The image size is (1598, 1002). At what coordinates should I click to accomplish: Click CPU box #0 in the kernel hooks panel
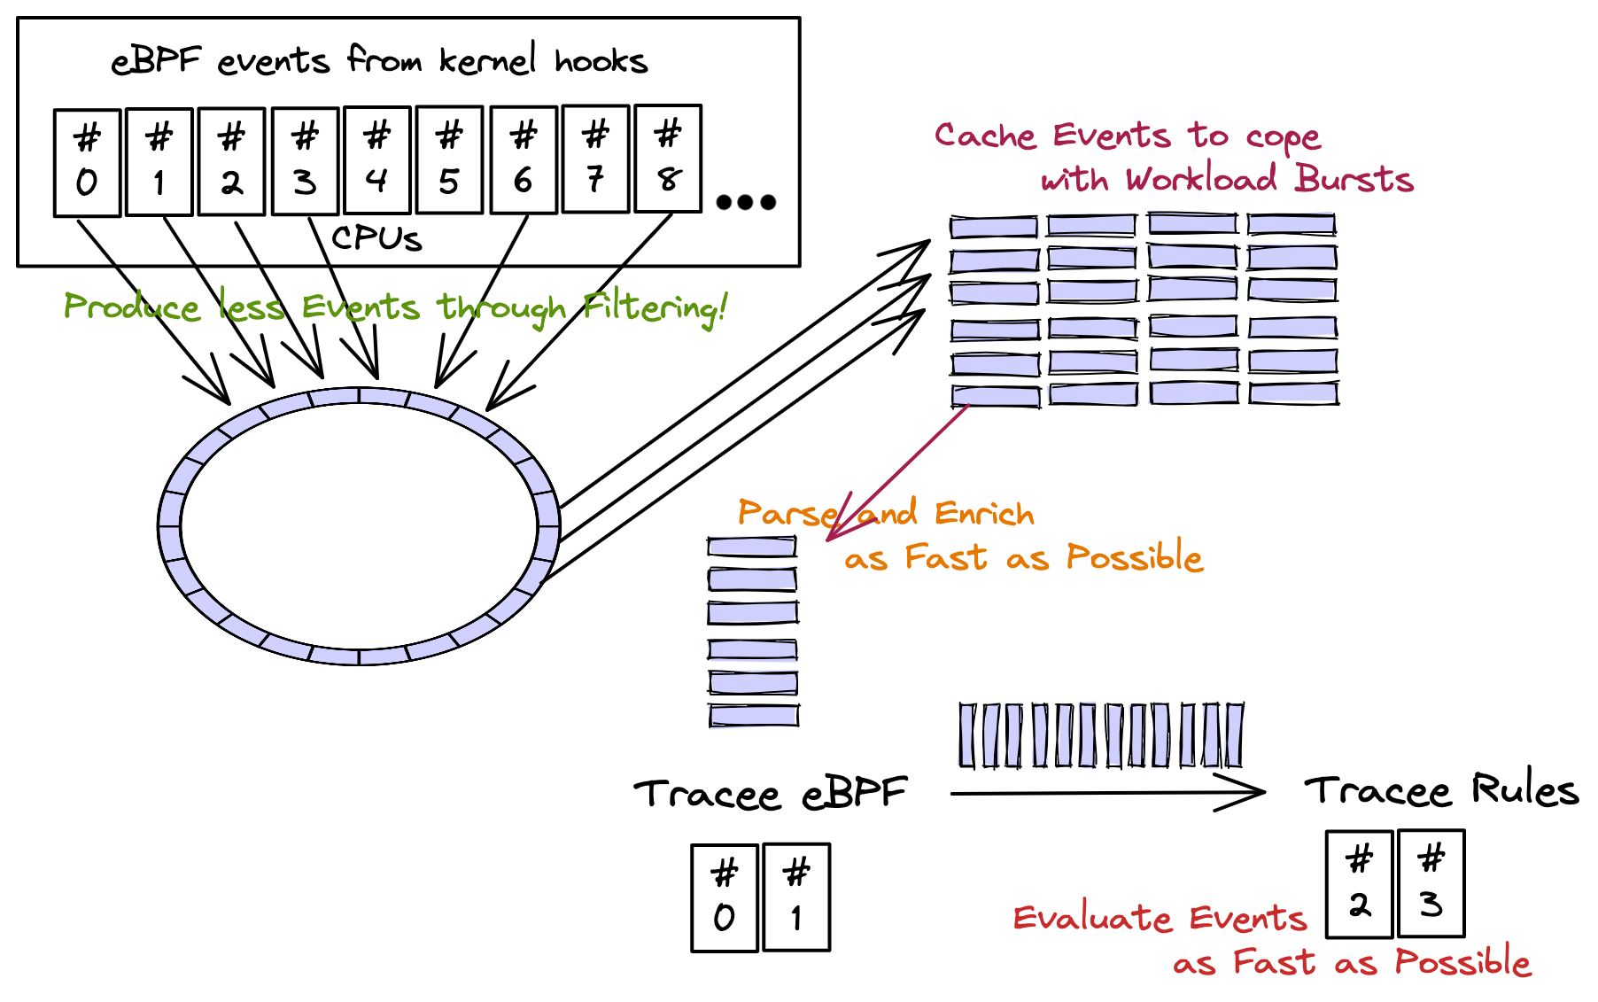click(x=87, y=162)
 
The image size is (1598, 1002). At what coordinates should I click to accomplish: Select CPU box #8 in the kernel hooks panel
click(x=669, y=159)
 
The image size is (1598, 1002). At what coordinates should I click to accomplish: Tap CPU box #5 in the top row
click(x=450, y=160)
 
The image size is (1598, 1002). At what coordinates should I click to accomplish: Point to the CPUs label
click(x=376, y=238)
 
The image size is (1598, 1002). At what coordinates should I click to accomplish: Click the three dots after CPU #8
click(x=746, y=202)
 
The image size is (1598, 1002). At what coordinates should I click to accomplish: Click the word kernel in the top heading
click(x=487, y=60)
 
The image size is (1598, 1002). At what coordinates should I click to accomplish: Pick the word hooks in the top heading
click(x=601, y=61)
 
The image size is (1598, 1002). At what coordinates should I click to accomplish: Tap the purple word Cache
click(x=985, y=136)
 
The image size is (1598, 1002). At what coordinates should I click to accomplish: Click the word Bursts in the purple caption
click(x=1354, y=179)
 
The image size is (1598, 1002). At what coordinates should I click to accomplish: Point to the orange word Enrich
click(x=984, y=513)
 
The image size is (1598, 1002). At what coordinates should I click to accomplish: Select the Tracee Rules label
click(x=1441, y=790)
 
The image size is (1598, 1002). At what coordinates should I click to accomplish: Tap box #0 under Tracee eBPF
click(x=725, y=897)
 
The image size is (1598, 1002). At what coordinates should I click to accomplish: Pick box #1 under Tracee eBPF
click(x=796, y=897)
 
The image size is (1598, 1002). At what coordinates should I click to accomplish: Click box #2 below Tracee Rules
click(x=1360, y=883)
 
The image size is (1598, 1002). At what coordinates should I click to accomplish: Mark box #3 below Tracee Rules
click(x=1431, y=883)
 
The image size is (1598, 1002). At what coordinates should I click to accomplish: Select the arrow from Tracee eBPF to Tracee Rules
click(x=1107, y=793)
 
